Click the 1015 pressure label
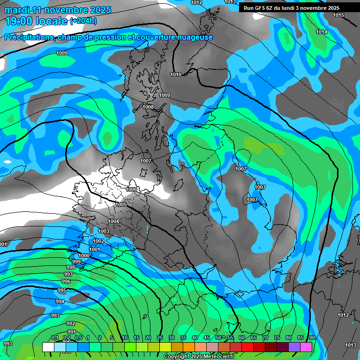[338, 15]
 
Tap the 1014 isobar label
[322, 32]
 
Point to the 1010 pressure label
[176, 75]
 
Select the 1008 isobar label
[148, 107]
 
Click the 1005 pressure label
[121, 204]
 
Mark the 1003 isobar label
[104, 231]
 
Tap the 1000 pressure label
[84, 255]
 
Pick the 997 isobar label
[68, 274]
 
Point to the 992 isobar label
[71, 323]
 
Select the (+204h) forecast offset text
[83, 21]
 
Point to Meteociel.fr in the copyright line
[216, 357]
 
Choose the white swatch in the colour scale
[48, 346]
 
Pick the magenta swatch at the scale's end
[306, 346]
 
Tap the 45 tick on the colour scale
[207, 337]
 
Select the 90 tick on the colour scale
[312, 337]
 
